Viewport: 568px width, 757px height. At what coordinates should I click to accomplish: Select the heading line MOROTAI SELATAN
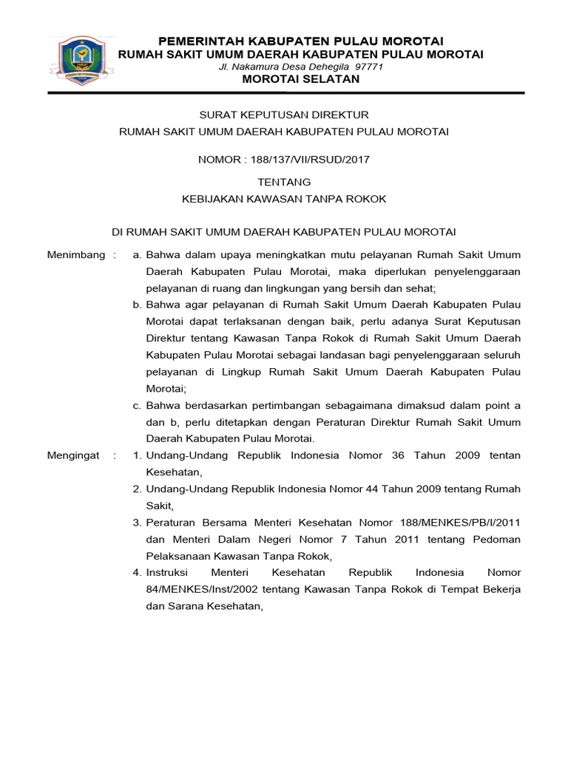(x=301, y=79)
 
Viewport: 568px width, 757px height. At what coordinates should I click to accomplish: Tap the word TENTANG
(x=284, y=182)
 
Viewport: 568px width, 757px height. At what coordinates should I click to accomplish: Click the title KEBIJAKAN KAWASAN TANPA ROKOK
(x=284, y=199)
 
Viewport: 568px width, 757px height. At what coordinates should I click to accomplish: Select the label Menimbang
(x=76, y=255)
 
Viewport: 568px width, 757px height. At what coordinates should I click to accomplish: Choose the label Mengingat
(x=73, y=455)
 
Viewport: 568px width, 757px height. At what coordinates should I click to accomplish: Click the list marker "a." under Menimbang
(x=137, y=255)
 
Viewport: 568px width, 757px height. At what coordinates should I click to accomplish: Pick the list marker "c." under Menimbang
(x=137, y=405)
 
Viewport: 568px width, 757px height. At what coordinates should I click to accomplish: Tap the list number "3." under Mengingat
(x=137, y=523)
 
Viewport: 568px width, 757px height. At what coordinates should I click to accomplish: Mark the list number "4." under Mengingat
(x=137, y=572)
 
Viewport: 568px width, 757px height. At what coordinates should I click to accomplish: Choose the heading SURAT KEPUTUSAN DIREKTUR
(x=284, y=115)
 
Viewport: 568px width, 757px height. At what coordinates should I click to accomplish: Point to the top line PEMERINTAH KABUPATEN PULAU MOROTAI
(x=301, y=40)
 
